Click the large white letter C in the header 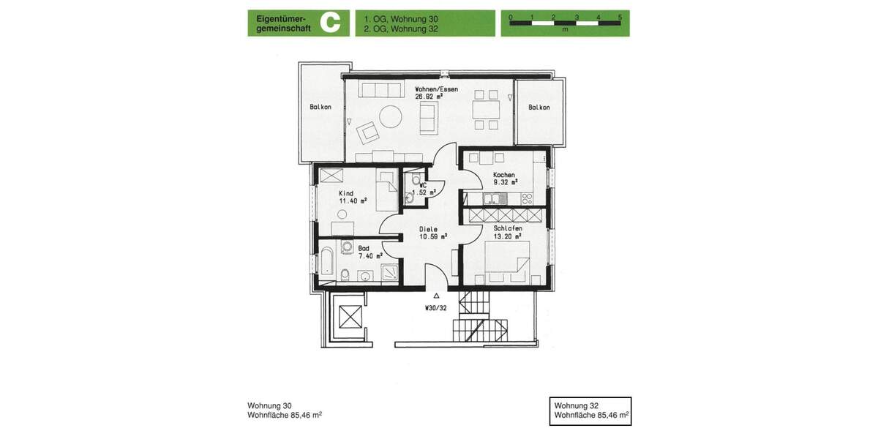click(331, 23)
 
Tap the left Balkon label click(320, 107)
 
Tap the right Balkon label click(539, 107)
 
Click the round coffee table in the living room click(389, 117)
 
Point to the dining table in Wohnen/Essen click(487, 110)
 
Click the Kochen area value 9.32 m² click(506, 183)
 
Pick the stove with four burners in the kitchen click(526, 198)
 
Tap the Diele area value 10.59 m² click(432, 236)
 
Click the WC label click(423, 185)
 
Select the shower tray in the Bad click(391, 273)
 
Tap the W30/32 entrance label click(436, 307)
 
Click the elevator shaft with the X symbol click(350, 318)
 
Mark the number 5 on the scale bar click(620, 15)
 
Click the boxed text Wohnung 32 click(577, 405)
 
